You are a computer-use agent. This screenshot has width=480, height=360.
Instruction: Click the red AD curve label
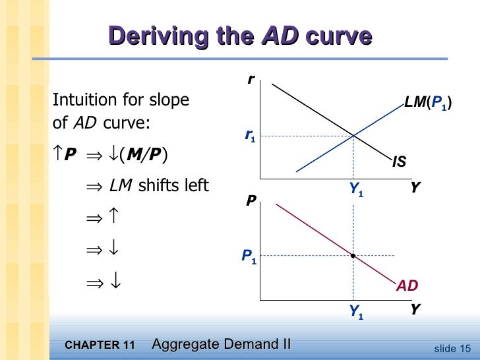coord(407,285)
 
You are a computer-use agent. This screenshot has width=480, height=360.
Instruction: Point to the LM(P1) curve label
coord(429,104)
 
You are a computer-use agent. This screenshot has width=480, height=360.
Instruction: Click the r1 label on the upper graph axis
coord(250,137)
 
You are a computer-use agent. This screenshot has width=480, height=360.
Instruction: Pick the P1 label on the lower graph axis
coord(249,256)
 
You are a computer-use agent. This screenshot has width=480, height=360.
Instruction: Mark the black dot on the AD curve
coord(354,255)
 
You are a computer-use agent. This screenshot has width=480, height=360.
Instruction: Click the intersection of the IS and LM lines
coord(354,136)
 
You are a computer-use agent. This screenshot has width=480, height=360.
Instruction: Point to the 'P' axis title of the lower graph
coord(251,198)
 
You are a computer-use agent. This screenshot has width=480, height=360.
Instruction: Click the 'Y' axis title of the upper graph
coord(414,187)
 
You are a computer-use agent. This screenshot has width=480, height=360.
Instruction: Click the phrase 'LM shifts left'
coord(159,186)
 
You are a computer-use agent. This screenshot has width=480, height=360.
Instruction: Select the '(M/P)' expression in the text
coord(144,155)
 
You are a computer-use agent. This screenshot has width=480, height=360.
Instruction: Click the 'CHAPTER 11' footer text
coord(100,345)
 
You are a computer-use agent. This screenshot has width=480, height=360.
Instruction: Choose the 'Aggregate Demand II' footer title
coord(221,344)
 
